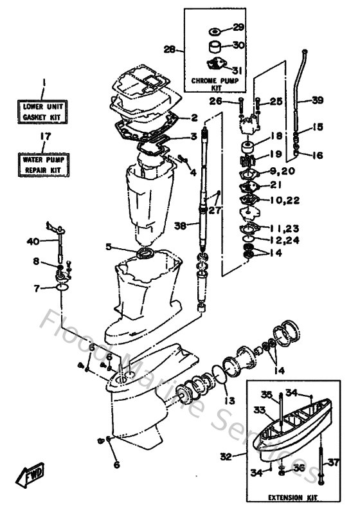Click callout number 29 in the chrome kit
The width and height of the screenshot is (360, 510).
pyautogui.click(x=239, y=28)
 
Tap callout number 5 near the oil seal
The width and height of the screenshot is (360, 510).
pyautogui.click(x=109, y=246)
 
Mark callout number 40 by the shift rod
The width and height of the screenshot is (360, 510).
pyautogui.click(x=33, y=241)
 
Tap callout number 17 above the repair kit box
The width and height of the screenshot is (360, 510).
pyautogui.click(x=44, y=136)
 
